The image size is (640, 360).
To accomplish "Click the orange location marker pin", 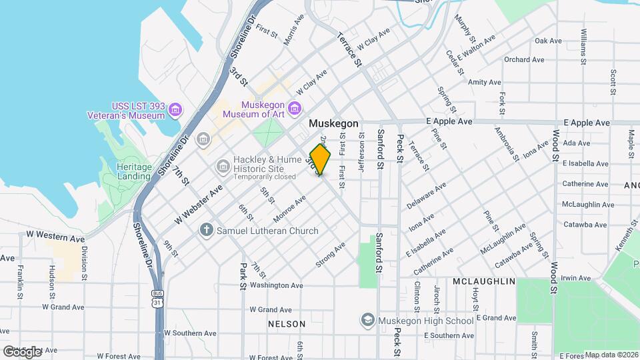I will coord(321,159).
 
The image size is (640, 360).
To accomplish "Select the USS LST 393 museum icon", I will coord(175,109).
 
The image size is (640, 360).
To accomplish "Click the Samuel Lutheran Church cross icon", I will coord(207,231).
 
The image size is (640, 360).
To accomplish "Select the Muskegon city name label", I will coord(333,124).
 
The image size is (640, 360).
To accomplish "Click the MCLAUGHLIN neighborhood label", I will coord(483,282).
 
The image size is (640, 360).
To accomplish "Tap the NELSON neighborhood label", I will coord(286,324).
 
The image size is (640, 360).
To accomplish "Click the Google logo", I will coord(21,351).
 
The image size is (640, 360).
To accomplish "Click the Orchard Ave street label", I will coord(524,59).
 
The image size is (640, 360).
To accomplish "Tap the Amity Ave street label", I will coord(484,82).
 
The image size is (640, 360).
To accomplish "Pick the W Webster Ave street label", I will coord(198,205).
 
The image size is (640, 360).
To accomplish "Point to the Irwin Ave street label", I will coord(576,277).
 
